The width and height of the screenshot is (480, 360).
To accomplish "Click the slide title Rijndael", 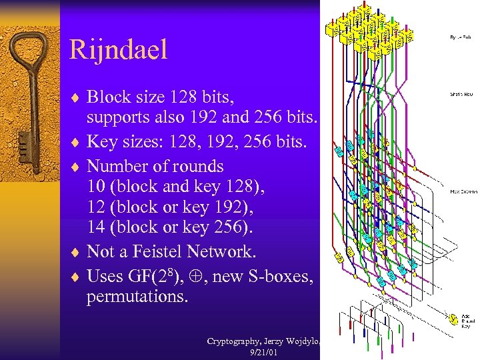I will coord(118,50).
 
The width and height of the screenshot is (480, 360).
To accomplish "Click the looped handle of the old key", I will coord(28,58).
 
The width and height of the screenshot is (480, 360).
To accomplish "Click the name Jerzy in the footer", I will coord(270,341).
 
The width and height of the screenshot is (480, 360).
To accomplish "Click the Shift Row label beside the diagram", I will coord(461,95).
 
